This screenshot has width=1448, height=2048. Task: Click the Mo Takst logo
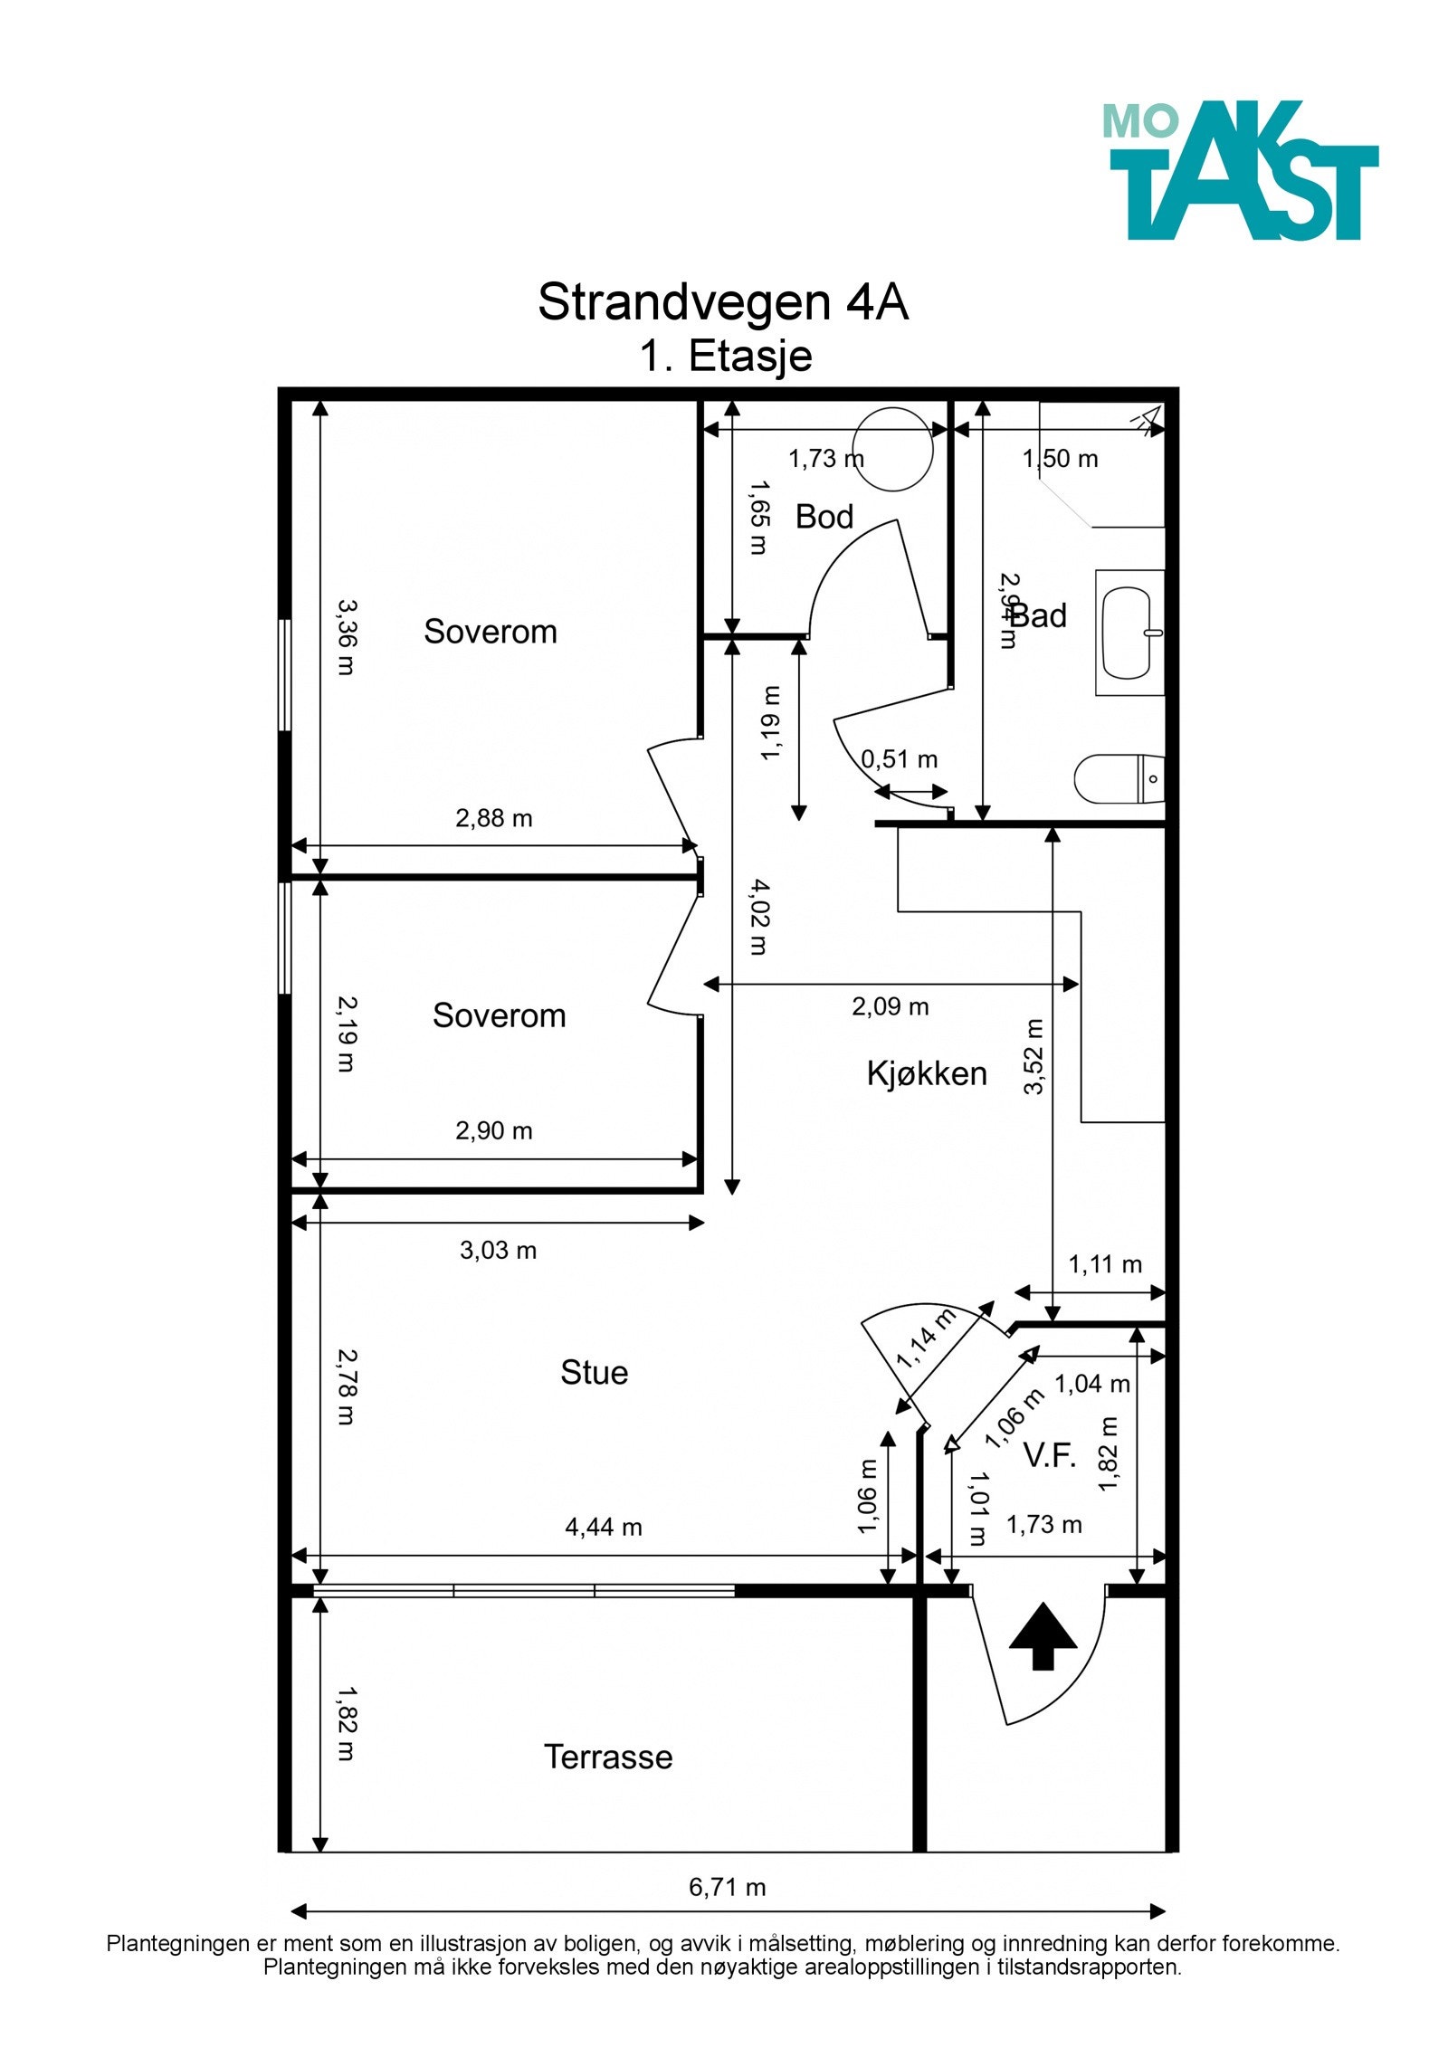[x=1239, y=169]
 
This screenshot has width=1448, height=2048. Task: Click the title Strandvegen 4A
[x=722, y=301]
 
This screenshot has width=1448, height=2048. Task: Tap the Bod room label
[x=824, y=517]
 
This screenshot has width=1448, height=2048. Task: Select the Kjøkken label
[x=926, y=1073]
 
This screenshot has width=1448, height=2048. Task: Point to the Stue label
[x=594, y=1372]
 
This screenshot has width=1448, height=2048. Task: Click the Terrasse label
[x=608, y=1757]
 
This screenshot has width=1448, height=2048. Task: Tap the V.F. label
[x=1049, y=1455]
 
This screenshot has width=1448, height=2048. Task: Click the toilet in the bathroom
[x=1119, y=777]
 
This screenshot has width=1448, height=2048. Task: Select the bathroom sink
[x=1129, y=633]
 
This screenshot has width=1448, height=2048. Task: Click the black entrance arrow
[x=1043, y=1635]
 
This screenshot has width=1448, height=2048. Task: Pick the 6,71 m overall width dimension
[x=727, y=1887]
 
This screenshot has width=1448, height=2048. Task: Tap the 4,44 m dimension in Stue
[x=604, y=1527]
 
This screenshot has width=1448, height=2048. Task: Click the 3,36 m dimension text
[x=347, y=637]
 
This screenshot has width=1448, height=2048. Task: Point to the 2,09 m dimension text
[x=890, y=1006]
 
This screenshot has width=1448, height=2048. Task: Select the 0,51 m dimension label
[x=899, y=759]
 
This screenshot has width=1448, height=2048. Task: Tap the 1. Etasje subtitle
[x=726, y=356]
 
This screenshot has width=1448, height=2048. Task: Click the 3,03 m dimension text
[x=498, y=1251]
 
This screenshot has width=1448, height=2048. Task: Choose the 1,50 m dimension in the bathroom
[x=1060, y=459]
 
